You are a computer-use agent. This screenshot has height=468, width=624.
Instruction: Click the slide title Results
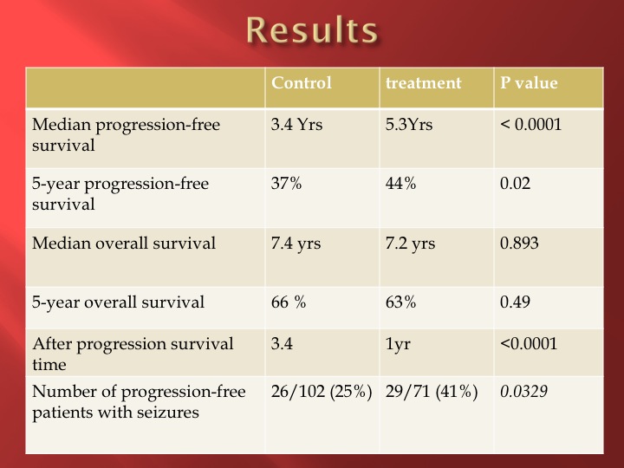point(312,29)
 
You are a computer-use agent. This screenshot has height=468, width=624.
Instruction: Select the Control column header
point(302,83)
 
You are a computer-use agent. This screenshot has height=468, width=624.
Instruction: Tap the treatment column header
point(424,83)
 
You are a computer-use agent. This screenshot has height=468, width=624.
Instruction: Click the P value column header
point(529,83)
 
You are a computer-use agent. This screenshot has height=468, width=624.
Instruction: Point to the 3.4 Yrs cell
point(296,125)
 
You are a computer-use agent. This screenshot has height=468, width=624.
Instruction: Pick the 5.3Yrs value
point(409,125)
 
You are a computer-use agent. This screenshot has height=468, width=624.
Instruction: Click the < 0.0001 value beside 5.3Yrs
point(530,125)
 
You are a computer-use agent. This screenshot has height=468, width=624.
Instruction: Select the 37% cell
point(286,184)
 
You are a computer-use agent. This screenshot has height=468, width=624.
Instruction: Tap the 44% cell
point(400,184)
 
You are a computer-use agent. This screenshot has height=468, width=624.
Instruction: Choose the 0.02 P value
point(515,184)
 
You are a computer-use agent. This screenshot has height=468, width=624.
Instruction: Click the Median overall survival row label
point(124,244)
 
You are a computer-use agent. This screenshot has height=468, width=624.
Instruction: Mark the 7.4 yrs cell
point(296,244)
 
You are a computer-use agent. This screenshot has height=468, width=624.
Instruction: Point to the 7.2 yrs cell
point(410,244)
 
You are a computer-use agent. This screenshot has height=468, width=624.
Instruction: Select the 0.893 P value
point(519,244)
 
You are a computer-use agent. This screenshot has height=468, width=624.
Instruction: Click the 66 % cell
point(289,302)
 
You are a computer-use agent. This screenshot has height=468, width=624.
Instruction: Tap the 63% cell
point(400,302)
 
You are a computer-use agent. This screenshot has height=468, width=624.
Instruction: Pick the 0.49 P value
point(515,302)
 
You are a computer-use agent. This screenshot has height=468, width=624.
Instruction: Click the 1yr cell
point(398,345)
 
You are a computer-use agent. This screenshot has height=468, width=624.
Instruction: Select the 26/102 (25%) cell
point(322,392)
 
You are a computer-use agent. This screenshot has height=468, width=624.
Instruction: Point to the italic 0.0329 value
point(523,391)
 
